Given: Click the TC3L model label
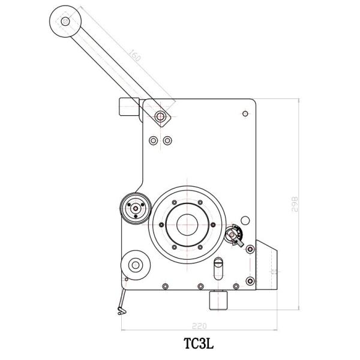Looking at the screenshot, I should click(199, 346).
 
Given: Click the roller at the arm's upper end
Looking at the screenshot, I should click(64, 22).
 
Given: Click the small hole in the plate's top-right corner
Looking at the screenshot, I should click(244, 113).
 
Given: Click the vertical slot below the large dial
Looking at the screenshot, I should click(218, 267).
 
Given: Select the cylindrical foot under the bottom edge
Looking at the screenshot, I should click(218, 300).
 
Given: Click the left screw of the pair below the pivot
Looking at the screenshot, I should click(154, 140).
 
